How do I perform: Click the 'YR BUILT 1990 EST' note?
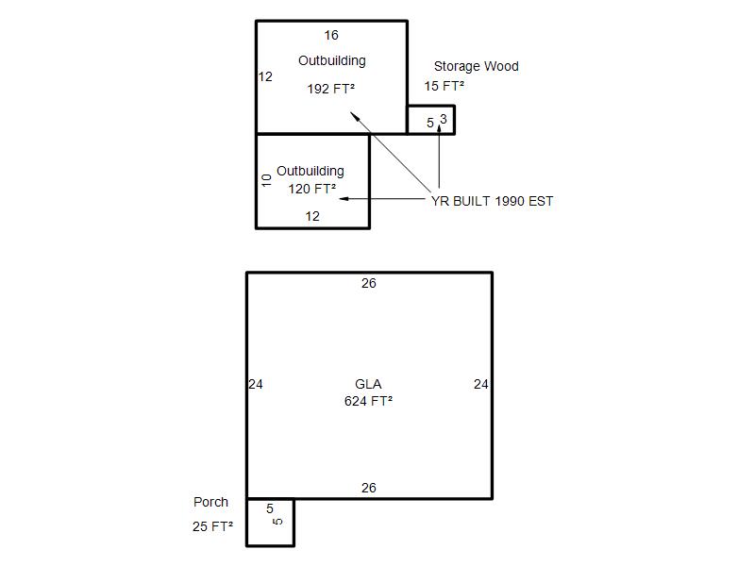coord(492,201)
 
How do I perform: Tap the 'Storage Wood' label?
coord(477,66)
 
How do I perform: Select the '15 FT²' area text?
coord(444,86)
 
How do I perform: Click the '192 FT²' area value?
coord(331,89)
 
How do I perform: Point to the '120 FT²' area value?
coord(312,189)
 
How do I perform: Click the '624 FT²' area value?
coord(368,401)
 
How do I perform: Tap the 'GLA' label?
coord(368,384)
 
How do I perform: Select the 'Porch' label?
coord(210,502)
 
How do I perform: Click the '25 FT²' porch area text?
coord(212,526)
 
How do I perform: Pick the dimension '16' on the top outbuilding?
coord(331,35)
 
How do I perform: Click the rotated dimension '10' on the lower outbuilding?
coord(266,180)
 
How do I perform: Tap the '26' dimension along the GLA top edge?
coord(369,283)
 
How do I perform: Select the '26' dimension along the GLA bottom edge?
coord(369,488)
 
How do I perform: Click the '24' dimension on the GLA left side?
coord(256,384)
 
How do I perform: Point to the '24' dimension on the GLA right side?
coord(481,384)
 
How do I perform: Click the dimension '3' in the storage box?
coord(444,119)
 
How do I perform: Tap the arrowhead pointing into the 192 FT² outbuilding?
coord(354,116)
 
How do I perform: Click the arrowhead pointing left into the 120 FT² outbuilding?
coord(344,198)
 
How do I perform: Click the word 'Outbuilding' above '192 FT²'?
coord(332,61)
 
